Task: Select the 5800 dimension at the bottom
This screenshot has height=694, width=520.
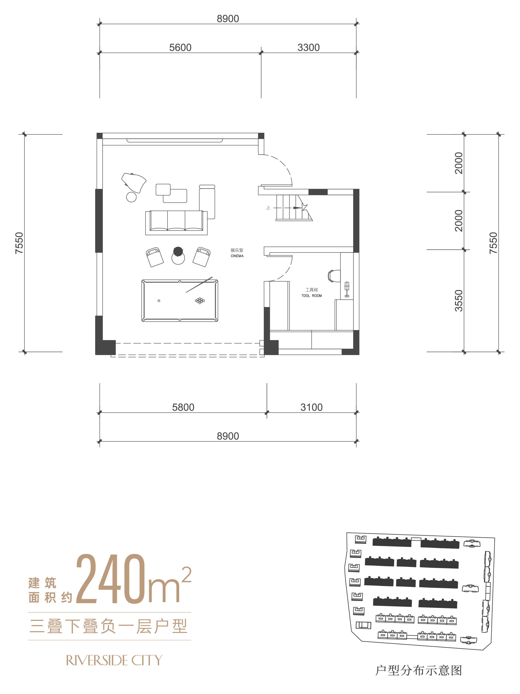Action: (183, 407)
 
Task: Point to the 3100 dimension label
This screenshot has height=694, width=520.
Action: (311, 407)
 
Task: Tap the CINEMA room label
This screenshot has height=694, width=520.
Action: (237, 256)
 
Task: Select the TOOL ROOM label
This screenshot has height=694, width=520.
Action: (312, 295)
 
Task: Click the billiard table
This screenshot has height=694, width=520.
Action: (180, 301)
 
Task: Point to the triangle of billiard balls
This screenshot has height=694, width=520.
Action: (200, 301)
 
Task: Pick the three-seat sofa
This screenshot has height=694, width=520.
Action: (176, 223)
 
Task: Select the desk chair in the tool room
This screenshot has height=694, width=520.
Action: (333, 276)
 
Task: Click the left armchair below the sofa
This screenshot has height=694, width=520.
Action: (155, 257)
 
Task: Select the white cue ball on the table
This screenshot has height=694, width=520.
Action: (159, 301)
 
